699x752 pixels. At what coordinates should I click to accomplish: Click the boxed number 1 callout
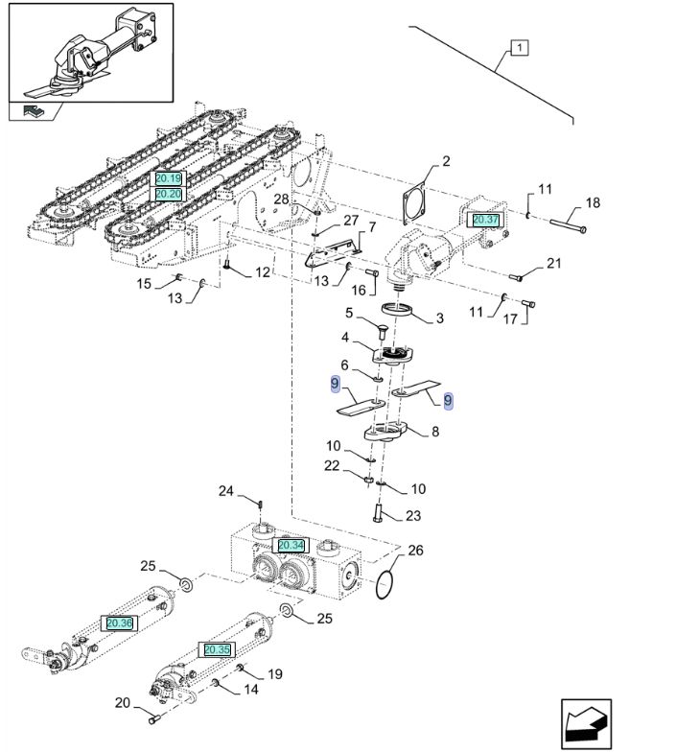click(x=519, y=47)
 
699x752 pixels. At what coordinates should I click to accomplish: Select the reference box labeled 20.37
click(x=486, y=219)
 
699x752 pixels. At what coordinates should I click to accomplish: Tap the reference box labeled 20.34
click(x=291, y=545)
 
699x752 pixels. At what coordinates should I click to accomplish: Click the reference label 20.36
click(x=120, y=623)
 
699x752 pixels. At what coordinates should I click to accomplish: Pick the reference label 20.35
click(x=218, y=649)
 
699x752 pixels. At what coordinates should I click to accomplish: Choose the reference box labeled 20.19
click(x=168, y=178)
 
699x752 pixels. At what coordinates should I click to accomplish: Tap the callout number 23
click(x=413, y=516)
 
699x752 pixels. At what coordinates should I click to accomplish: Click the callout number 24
click(x=225, y=491)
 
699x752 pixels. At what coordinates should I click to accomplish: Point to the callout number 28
click(x=281, y=199)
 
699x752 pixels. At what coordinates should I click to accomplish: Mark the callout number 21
click(x=554, y=264)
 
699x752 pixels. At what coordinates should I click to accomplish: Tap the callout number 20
click(x=122, y=703)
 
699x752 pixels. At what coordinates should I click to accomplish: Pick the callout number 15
click(x=144, y=283)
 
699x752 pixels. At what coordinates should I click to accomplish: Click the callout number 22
click(x=332, y=465)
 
